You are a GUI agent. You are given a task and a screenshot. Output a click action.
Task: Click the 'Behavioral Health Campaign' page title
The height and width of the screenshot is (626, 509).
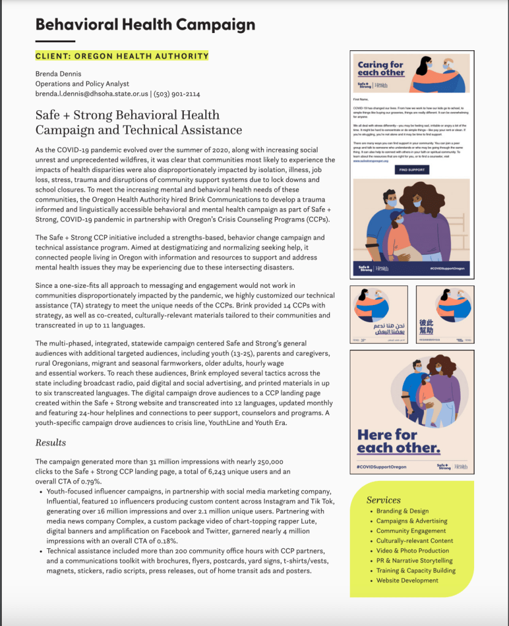[145, 25]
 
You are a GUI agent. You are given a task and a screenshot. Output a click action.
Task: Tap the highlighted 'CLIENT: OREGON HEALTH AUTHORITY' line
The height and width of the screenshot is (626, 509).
[122, 56]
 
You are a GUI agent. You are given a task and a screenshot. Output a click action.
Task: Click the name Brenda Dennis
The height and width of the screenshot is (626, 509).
[58, 74]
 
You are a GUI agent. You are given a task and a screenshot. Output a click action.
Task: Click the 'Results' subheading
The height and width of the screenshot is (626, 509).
[50, 442]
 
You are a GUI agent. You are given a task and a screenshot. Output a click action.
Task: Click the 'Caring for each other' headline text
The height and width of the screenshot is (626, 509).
[381, 68]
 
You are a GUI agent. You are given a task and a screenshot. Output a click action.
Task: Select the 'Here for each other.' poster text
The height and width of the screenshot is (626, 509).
[398, 441]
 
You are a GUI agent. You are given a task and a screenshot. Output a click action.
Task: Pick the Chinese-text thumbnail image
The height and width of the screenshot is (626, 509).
[445, 314]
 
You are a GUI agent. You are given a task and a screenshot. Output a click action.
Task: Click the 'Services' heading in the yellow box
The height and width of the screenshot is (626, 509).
[383, 500]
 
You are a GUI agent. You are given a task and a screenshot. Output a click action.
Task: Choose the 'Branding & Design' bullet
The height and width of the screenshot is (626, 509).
[402, 511]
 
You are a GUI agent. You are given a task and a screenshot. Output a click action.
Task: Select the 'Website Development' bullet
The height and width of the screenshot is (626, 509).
[407, 580]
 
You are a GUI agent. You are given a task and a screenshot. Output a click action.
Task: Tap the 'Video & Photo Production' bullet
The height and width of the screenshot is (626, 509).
[413, 551]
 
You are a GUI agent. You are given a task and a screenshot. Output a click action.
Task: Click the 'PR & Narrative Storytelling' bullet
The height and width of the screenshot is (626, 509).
[415, 560]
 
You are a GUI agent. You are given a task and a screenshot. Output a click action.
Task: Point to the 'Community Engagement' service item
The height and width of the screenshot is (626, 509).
[411, 531]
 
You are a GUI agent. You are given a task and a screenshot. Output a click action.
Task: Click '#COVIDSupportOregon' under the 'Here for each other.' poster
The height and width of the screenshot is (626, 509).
[381, 467]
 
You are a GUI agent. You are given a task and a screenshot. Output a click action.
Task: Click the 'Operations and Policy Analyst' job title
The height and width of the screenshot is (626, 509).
[82, 84]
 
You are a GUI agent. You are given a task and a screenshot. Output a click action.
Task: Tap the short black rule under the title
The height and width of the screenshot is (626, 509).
[55, 41]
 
